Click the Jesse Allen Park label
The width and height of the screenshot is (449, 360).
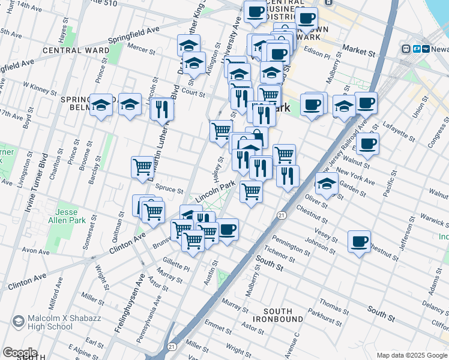coord(71,217)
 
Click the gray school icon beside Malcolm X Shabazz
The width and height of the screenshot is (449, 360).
coord(18,322)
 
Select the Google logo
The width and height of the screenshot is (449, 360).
coord(19,353)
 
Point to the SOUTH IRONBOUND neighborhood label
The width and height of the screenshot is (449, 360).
coord(278,315)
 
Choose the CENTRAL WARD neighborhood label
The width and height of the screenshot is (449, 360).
coord(76,50)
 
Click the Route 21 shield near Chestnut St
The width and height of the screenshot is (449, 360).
coord(281,215)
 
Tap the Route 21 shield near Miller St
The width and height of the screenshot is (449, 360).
coord(172,346)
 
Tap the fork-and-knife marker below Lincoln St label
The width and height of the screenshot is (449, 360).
coord(161,109)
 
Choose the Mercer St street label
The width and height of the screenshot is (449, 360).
coord(142,47)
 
